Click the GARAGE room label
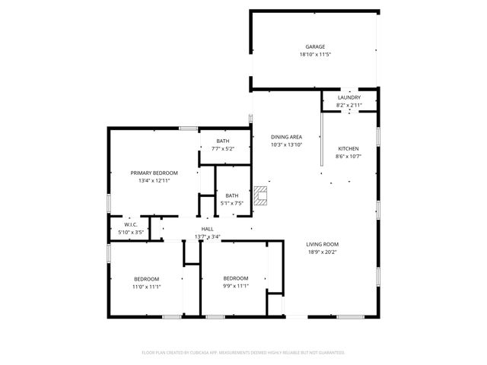[x=315, y=46]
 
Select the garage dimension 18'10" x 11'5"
[x=315, y=54]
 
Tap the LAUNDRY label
[x=349, y=97]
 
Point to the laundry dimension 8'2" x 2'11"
[x=349, y=105]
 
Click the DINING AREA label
[x=287, y=136]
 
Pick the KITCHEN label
[x=348, y=148]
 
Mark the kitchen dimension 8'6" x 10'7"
[x=348, y=156]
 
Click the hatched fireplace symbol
[x=261, y=196]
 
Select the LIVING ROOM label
[x=323, y=244]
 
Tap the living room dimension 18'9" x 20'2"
[x=323, y=252]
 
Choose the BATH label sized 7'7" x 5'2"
[x=222, y=141]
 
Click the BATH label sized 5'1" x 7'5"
[x=231, y=195]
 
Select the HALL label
[x=207, y=229]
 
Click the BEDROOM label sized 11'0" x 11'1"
[x=147, y=279]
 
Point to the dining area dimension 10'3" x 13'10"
[x=287, y=144]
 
